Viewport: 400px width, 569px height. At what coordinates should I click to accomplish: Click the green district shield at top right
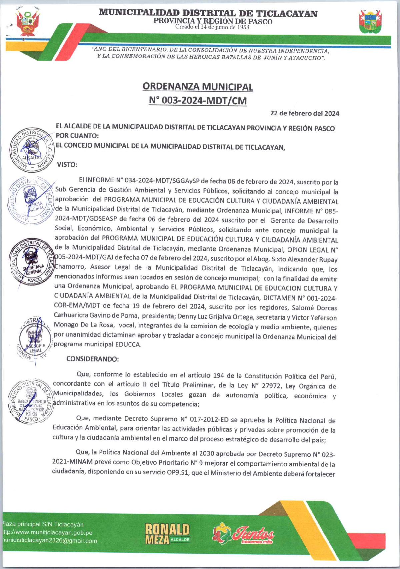pyautogui.click(x=370, y=22)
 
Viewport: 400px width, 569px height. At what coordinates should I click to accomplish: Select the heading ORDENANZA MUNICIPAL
pyautogui.click(x=198, y=87)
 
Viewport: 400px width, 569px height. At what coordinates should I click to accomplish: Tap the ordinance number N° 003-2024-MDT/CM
pyautogui.click(x=198, y=100)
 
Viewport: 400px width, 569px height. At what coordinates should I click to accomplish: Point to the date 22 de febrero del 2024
pyautogui.click(x=305, y=113)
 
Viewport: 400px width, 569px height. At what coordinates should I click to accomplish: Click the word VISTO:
pyautogui.click(x=67, y=165)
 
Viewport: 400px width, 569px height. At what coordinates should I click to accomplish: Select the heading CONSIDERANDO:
pyautogui.click(x=92, y=359)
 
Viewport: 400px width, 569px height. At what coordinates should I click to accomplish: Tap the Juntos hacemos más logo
pyautogui.click(x=244, y=533)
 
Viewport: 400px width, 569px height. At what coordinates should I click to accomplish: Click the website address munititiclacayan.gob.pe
pyautogui.click(x=47, y=533)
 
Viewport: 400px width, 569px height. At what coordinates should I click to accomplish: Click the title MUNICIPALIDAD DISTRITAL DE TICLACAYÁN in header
pyautogui.click(x=208, y=13)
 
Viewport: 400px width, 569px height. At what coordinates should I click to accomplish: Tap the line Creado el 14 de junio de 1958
pyautogui.click(x=212, y=27)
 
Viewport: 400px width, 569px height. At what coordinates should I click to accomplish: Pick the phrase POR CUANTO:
pyautogui.click(x=77, y=136)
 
